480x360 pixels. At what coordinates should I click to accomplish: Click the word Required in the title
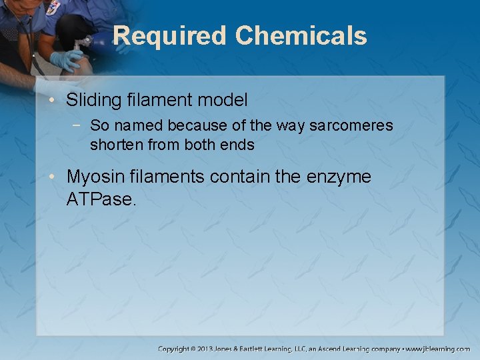pyautogui.click(x=169, y=35)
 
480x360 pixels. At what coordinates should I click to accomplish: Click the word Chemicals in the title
pyautogui.click(x=301, y=35)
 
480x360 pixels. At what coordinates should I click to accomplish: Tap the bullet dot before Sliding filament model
pyautogui.click(x=53, y=101)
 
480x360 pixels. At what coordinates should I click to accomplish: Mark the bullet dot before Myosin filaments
pyautogui.click(x=53, y=178)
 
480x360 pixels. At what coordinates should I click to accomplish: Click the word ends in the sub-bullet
pyautogui.click(x=239, y=144)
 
